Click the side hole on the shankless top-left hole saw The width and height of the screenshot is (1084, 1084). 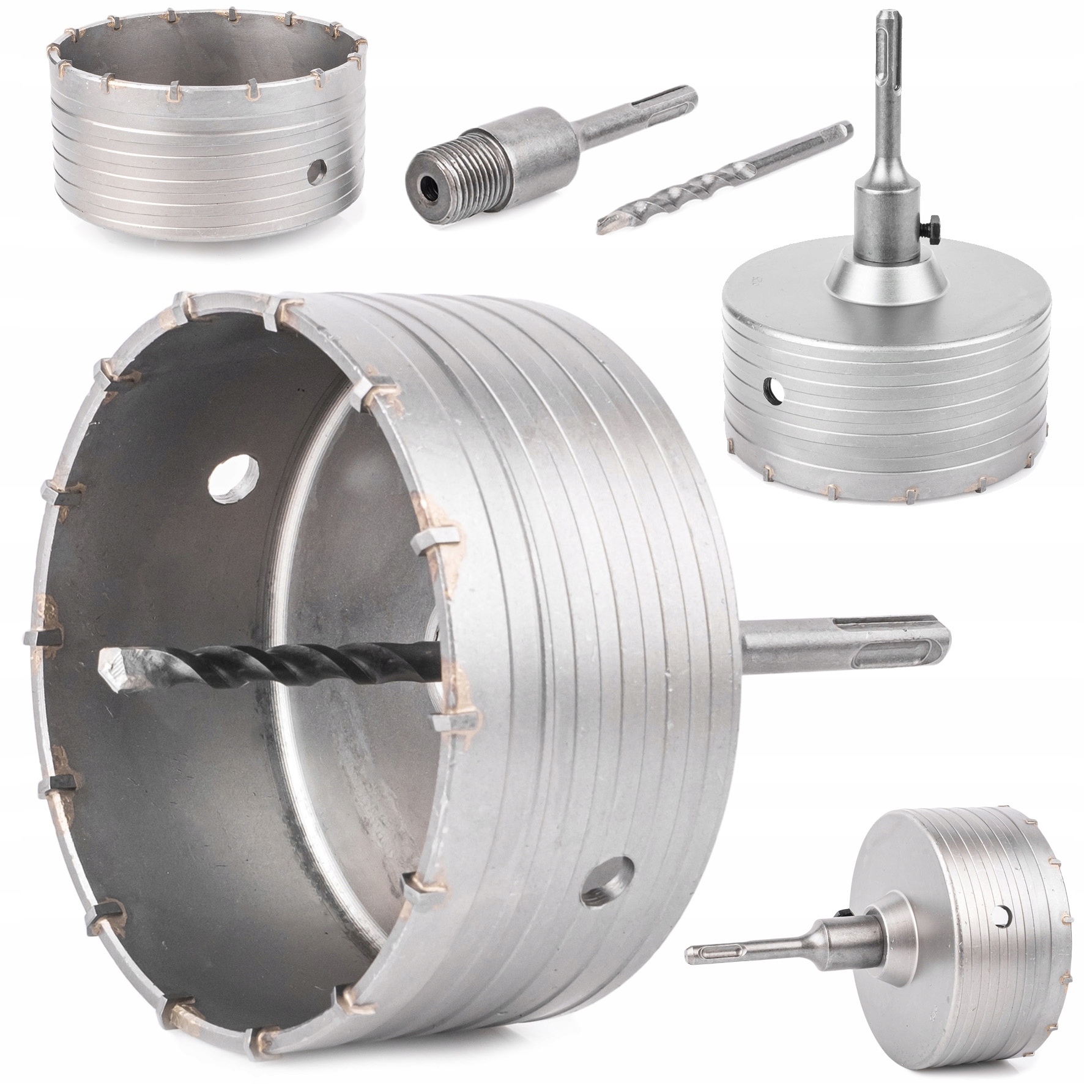coord(316,182)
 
